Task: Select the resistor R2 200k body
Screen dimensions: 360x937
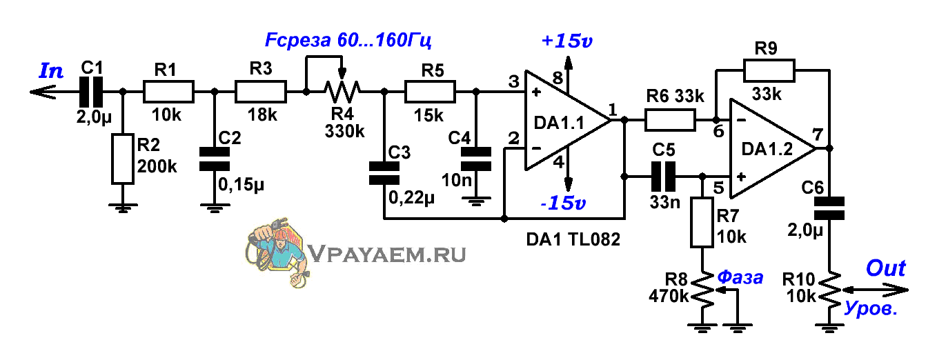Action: click(122, 159)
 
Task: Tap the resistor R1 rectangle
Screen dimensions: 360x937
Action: click(168, 90)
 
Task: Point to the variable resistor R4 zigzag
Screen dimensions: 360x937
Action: click(342, 90)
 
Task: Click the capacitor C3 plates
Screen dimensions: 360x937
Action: click(384, 173)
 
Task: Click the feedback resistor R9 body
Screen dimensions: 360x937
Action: click(769, 70)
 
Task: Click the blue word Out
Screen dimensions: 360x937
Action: click(885, 268)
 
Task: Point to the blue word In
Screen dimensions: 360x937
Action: click(52, 70)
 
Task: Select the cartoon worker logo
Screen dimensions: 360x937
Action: click(274, 250)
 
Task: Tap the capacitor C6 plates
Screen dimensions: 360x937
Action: click(829, 208)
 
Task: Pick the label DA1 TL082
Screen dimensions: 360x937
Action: click(573, 239)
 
